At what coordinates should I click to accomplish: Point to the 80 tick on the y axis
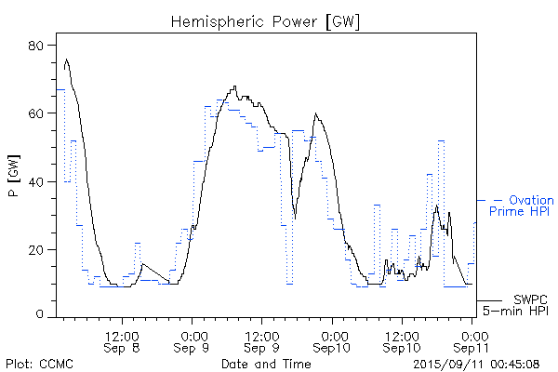coord(39,46)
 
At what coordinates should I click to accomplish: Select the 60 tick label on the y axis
coord(39,113)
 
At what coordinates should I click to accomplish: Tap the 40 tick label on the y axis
coord(39,181)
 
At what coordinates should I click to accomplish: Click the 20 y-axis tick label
coord(39,249)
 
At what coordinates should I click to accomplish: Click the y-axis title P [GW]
coord(13,181)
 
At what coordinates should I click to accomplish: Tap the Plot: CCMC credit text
coord(39,362)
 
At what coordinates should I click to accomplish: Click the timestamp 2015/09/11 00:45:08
coord(477,362)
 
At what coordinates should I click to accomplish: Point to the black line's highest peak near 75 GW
coord(66,60)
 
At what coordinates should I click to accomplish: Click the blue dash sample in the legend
coord(498,200)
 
